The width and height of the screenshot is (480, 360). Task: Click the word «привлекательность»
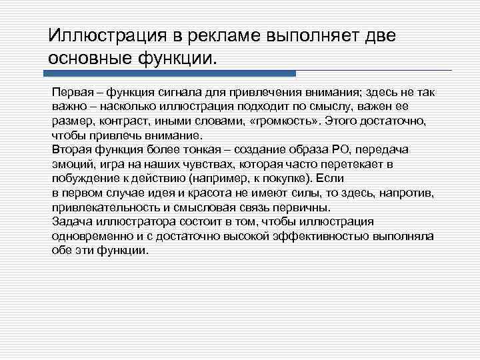coord(99,207)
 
